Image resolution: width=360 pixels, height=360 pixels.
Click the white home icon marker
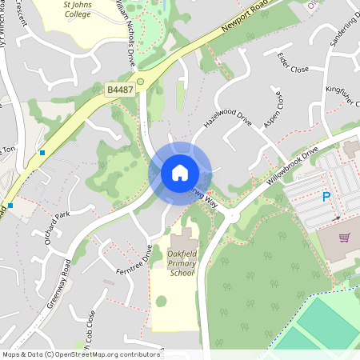[179, 172]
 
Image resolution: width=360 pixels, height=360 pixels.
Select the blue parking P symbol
[326, 197]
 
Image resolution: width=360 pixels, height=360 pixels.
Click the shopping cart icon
[345, 238]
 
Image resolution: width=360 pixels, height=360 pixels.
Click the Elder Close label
[294, 62]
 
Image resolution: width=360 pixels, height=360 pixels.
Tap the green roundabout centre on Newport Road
[141, 81]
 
